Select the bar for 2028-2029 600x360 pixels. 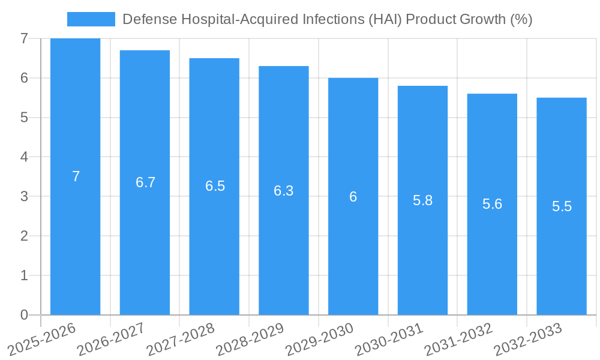point(284,252)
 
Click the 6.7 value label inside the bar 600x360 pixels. point(145,182)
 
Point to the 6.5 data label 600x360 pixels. point(215,186)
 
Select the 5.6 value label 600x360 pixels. point(492,204)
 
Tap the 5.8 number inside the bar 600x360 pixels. point(422,200)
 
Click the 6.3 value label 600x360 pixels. point(284,191)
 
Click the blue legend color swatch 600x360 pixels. point(91,19)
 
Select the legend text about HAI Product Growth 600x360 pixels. point(327,19)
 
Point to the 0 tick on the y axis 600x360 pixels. point(24,315)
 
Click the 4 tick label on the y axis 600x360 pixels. point(24,157)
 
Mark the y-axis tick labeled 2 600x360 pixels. point(24,236)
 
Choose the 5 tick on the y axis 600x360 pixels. point(24,118)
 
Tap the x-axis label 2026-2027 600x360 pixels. point(112,340)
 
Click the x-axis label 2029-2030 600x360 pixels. point(320,340)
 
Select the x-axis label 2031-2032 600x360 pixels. point(458,340)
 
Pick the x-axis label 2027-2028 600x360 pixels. point(181,340)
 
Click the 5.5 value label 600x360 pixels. point(562,206)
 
